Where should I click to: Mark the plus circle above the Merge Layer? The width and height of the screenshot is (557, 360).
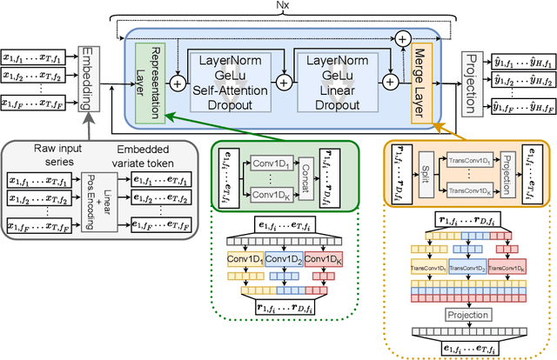(403, 39)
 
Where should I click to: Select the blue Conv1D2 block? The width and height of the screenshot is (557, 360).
(283, 259)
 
